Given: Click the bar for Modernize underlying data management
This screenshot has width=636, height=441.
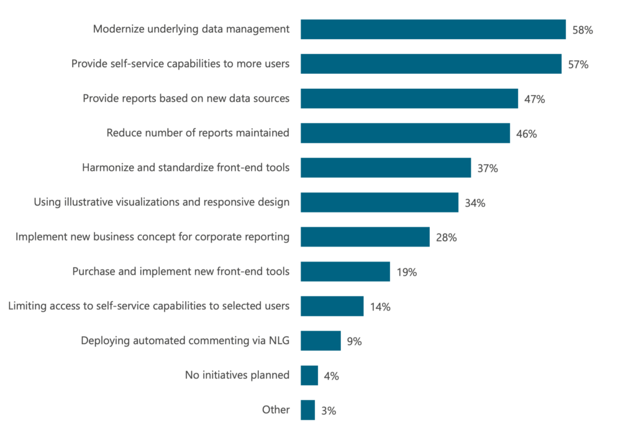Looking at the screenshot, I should [433, 29].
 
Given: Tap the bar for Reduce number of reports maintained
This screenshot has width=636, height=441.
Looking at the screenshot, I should [405, 133].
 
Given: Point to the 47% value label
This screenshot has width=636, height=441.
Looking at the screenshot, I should [534, 99].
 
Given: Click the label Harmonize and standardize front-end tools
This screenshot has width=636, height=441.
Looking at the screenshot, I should [186, 168].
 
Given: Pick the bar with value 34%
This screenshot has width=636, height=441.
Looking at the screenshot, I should [379, 202].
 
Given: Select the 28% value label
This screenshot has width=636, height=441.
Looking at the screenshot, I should [446, 237].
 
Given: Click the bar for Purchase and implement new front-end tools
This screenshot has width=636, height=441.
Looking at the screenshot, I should [345, 271].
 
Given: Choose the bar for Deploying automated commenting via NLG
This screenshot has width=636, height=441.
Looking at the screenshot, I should [320, 340].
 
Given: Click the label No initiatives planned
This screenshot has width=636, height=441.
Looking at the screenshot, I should [237, 375].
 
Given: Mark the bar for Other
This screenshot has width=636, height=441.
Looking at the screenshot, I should [307, 410].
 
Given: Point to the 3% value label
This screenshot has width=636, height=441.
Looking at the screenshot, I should [329, 410].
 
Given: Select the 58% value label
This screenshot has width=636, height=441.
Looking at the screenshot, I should [582, 29].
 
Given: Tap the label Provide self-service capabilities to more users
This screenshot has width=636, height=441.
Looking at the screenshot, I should [180, 63].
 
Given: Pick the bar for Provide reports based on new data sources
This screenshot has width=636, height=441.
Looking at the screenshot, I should [409, 98].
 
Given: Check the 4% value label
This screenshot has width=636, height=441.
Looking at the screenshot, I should [332, 375].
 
